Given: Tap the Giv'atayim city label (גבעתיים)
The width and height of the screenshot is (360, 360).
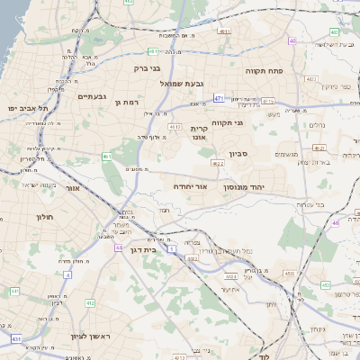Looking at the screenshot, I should coord(92,96).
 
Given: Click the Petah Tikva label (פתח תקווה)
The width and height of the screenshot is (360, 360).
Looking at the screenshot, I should coord(265,69).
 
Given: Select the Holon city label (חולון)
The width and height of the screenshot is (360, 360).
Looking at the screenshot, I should coord(45,217).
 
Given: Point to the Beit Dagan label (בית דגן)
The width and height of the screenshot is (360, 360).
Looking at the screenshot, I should coord(144,250).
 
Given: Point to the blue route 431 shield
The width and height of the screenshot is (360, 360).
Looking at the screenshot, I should coord(17,338).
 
